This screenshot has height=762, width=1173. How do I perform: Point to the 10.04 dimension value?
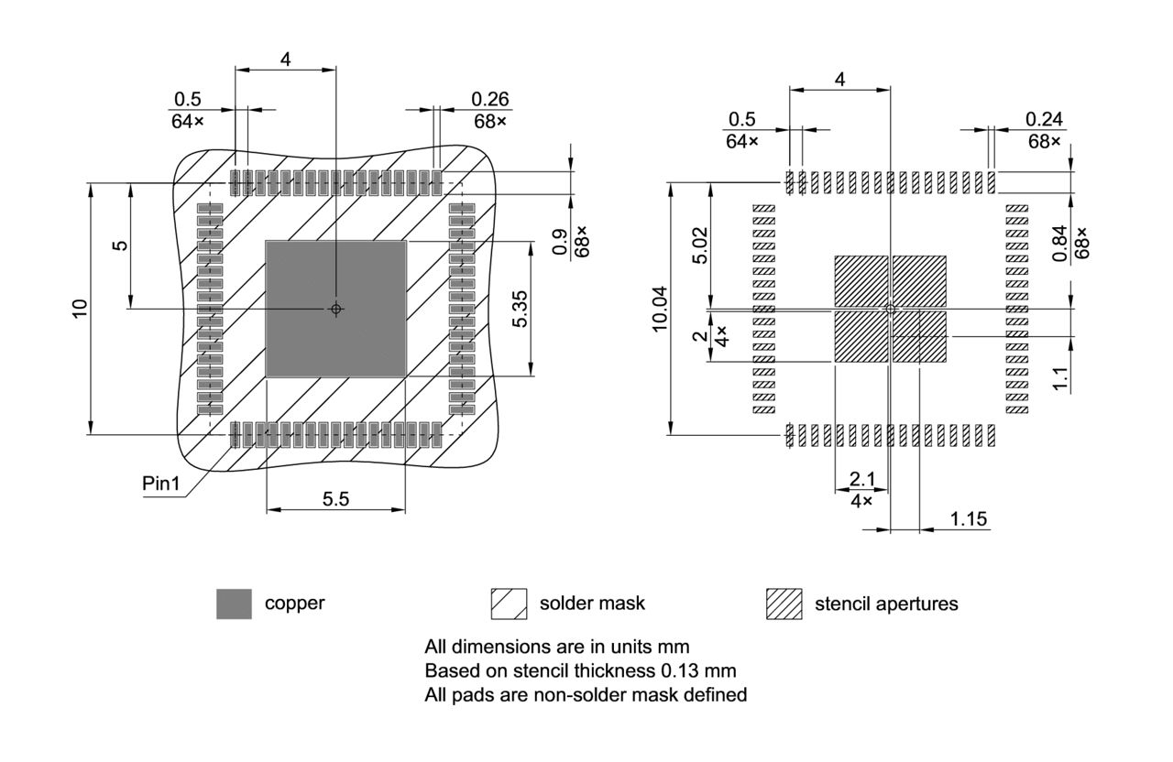tap(660, 309)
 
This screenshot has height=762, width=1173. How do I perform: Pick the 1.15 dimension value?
tap(968, 518)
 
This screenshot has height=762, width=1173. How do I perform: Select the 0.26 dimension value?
tap(490, 99)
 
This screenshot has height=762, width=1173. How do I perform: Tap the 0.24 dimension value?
tap(1044, 119)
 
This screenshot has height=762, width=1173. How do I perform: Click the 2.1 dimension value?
tap(861, 479)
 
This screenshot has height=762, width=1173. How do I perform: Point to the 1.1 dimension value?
tap(1060, 377)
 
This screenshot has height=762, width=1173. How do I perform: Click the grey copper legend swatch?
tap(234, 604)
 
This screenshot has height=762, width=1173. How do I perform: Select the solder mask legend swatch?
tap(509, 604)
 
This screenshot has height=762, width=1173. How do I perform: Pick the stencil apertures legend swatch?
tap(784, 604)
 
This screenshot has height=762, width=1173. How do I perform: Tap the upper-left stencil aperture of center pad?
tap(861, 281)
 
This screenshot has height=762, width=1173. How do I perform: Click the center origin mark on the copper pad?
tap(336, 309)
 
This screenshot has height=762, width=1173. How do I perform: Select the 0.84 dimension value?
tap(1060, 245)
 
